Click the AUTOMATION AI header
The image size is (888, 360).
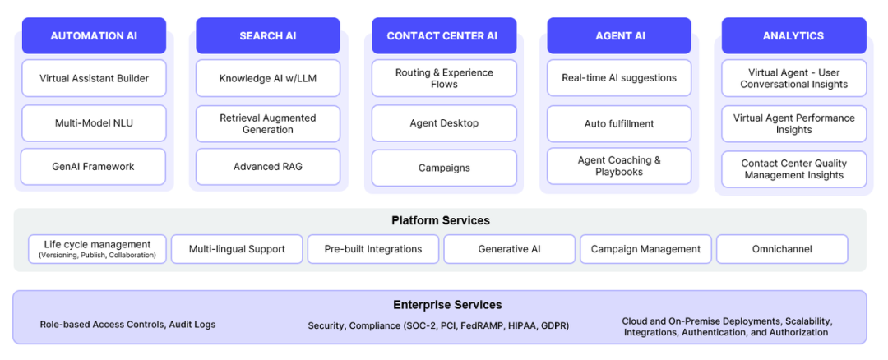(94, 35)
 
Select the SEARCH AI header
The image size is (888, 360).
(268, 35)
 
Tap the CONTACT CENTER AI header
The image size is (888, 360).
(444, 35)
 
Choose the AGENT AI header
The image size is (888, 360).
(619, 35)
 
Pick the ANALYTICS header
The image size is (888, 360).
(794, 35)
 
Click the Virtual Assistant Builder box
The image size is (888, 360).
(94, 78)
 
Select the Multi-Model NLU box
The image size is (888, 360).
(94, 122)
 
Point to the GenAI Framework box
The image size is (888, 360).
(94, 166)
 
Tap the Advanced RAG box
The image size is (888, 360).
(268, 166)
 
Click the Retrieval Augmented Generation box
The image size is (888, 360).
(268, 124)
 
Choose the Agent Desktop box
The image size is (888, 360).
(444, 122)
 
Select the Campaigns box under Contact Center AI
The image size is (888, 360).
(444, 168)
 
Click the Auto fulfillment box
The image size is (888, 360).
(619, 123)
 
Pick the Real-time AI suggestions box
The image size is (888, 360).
(619, 78)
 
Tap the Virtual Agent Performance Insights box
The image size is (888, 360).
(794, 124)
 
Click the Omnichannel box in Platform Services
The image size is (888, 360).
(782, 249)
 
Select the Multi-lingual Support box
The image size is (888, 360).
(237, 249)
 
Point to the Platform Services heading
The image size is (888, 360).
(441, 220)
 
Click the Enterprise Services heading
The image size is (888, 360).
(447, 305)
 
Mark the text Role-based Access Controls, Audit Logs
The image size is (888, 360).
(127, 325)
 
